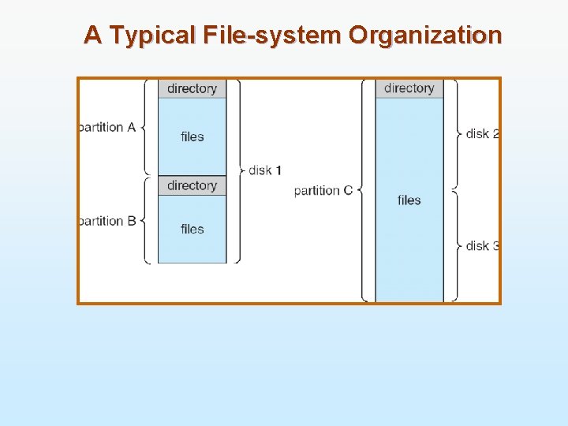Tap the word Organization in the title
[425, 35]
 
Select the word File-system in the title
[273, 35]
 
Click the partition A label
[107, 127]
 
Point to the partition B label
[107, 221]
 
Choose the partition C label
[323, 190]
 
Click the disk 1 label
[265, 170]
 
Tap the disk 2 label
[482, 133]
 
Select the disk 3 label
[482, 245]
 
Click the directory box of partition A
[192, 88]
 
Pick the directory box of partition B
[192, 185]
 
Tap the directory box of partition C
[409, 88]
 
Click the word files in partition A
[192, 136]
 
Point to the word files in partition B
[192, 229]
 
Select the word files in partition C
[409, 200]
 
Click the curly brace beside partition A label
[145, 127]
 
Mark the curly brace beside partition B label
[145, 220]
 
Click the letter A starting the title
[92, 35]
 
